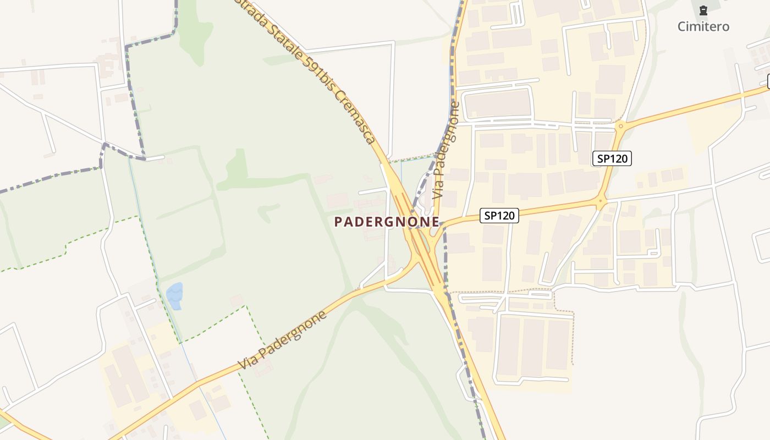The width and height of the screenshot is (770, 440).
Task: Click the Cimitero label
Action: coord(703,26)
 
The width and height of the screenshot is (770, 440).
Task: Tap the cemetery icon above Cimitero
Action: coord(703,10)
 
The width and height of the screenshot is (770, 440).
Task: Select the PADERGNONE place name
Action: coord(387,222)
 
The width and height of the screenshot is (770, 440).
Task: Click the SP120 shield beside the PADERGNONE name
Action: coord(499,216)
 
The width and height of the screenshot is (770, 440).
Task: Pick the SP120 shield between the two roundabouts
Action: coord(612,159)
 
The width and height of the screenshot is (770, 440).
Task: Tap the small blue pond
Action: coord(175,295)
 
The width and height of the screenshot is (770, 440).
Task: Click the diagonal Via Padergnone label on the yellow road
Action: coord(283,340)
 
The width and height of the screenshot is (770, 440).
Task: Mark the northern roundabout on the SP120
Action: coord(621,127)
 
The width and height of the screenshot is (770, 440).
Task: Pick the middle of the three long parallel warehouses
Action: coord(532,346)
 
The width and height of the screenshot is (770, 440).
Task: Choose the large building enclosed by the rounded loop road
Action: coord(497,103)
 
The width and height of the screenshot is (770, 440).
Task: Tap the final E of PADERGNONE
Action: coord(435,222)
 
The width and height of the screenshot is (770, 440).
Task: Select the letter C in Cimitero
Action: coord(681,26)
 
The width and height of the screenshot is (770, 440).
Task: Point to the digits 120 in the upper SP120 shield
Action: coord(619,159)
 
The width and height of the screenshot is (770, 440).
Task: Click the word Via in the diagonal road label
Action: coord(248,360)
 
